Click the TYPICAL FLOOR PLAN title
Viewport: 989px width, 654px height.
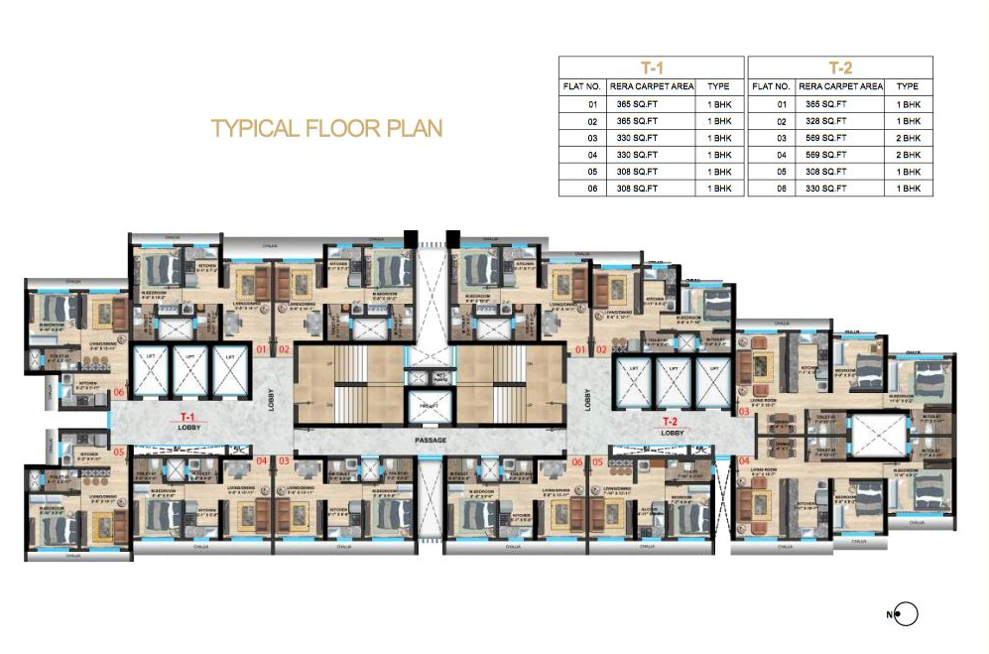click(x=326, y=128)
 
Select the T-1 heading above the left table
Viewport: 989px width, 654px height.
click(x=650, y=68)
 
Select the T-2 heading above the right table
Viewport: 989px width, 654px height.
click(x=839, y=68)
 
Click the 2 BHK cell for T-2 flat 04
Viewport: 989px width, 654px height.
click(x=908, y=154)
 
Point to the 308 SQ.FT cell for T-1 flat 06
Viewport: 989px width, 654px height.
click(x=637, y=188)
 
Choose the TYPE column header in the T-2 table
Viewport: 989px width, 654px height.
click(x=908, y=86)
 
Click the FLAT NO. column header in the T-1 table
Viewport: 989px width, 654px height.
click(x=581, y=86)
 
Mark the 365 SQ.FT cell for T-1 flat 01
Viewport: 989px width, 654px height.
click(x=637, y=103)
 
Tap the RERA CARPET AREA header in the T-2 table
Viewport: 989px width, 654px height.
click(x=840, y=86)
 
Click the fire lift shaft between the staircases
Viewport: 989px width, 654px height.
click(x=428, y=407)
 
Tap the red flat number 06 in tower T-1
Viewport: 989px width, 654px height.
click(x=120, y=392)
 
